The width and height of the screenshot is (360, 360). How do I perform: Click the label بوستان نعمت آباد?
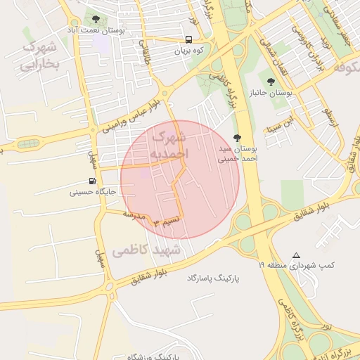pos(97,31)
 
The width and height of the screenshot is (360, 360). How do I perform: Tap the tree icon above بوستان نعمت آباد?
pos(96,19)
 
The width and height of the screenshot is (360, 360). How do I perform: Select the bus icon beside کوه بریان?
pos(189,40)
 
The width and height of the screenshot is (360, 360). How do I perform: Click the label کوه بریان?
pos(188,51)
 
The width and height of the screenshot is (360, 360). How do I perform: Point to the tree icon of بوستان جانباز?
pos(272,82)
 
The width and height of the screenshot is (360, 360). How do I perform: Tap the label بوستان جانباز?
pos(271,93)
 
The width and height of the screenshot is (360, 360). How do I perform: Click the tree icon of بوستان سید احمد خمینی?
pos(237,139)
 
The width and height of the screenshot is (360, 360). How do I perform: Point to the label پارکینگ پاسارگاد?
pos(213,278)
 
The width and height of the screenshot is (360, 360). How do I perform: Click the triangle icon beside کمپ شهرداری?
pos(296,255)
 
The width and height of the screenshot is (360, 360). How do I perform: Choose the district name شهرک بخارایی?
pos(39,56)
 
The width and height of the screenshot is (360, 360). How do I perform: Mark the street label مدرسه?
pos(134,214)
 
